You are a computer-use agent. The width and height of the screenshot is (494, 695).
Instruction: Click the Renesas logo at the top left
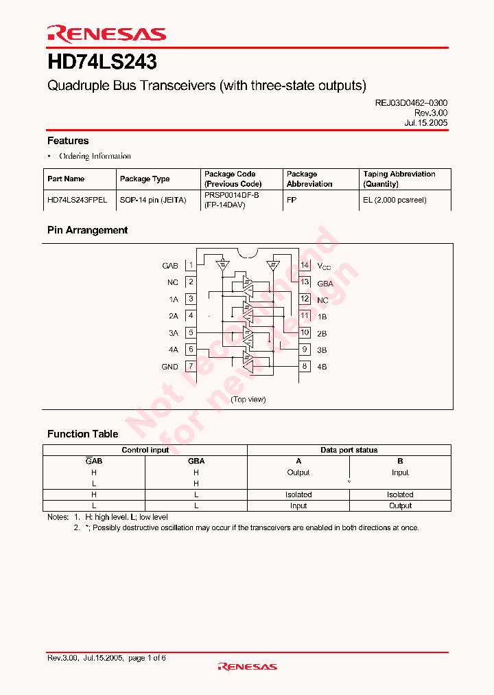(x=106, y=33)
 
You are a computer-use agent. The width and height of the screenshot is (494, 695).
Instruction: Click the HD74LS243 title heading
(x=102, y=62)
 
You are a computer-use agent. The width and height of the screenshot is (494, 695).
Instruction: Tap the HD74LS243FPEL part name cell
(x=77, y=200)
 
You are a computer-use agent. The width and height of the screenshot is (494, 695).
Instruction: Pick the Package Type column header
(x=145, y=179)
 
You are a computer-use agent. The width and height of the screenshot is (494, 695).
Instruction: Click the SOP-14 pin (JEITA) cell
(x=153, y=200)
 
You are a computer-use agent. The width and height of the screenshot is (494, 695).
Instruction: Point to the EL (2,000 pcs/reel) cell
(x=395, y=200)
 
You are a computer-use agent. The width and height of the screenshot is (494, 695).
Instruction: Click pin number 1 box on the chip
(x=191, y=265)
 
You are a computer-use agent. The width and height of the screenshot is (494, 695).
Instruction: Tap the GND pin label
(x=169, y=367)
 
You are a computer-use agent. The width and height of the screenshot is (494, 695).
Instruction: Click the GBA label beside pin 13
(x=325, y=283)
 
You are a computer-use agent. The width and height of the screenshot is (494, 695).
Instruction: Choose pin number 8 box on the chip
(x=305, y=366)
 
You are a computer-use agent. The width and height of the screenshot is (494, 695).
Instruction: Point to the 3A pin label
(x=173, y=333)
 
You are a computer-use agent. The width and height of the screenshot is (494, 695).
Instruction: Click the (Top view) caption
(x=248, y=399)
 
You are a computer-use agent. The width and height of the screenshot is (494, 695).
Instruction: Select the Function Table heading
(x=82, y=434)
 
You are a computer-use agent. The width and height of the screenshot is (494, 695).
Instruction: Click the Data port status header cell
(x=349, y=450)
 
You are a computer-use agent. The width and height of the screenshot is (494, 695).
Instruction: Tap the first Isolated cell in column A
(x=298, y=494)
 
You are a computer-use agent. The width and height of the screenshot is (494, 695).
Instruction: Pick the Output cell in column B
(x=400, y=505)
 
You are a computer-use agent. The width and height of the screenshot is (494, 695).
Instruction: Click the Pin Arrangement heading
(x=87, y=230)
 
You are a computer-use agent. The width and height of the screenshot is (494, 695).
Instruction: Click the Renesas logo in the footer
(x=247, y=666)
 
